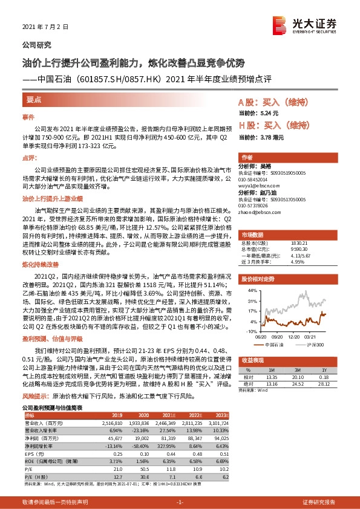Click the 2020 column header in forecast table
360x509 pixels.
click(x=143, y=415)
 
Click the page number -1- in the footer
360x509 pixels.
click(x=180, y=502)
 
